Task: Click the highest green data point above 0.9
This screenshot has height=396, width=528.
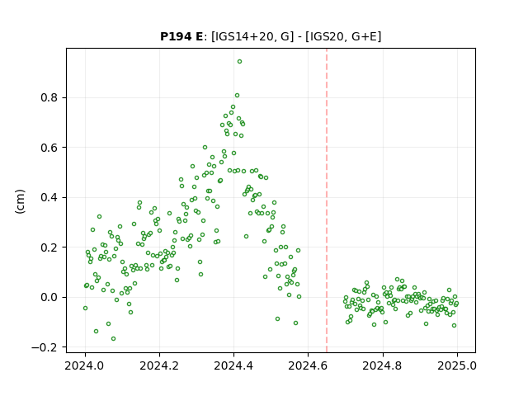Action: tap(239, 62)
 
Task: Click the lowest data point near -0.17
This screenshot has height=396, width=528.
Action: tap(114, 339)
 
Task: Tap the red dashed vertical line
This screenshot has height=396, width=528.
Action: tap(327, 200)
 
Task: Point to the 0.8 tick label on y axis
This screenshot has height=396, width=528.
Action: tap(49, 97)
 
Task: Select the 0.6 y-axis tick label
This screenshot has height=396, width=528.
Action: tap(49, 148)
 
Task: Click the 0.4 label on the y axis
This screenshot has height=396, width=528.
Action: tap(49, 197)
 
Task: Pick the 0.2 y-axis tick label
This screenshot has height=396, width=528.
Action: tap(49, 247)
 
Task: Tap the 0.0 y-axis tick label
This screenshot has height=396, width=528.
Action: tap(49, 297)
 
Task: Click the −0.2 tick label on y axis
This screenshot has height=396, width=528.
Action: tap(45, 347)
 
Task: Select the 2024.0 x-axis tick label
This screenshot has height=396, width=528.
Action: tap(85, 365)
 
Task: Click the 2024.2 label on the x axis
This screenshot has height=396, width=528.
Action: tap(159, 365)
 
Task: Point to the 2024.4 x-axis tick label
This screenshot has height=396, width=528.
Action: tap(233, 365)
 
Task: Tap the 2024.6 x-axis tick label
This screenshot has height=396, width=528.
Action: tap(308, 365)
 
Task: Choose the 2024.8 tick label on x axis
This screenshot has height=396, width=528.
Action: tap(382, 365)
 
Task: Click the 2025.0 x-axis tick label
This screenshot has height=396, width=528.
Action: tap(457, 365)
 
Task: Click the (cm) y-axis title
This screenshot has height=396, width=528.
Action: tap(20, 201)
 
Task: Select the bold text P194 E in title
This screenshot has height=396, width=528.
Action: tap(181, 36)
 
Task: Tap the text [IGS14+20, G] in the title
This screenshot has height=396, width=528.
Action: tap(251, 36)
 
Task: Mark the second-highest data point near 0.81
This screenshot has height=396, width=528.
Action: tap(237, 96)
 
